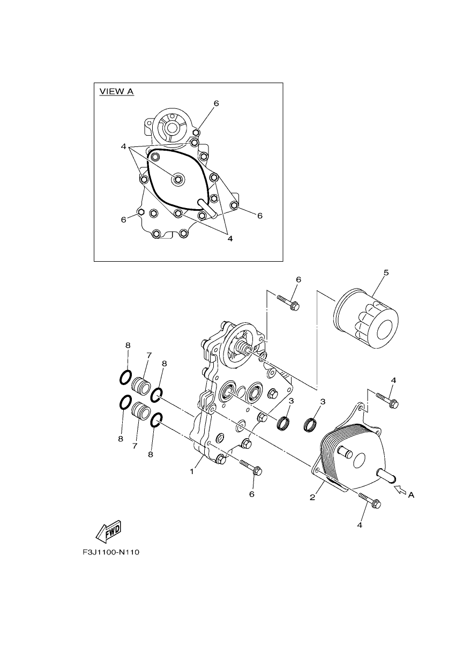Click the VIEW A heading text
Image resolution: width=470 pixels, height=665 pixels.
click(x=116, y=91)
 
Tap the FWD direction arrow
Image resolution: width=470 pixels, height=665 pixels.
click(x=108, y=530)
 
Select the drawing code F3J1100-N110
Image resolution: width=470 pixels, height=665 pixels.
click(x=111, y=552)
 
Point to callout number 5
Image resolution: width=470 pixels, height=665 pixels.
click(x=386, y=272)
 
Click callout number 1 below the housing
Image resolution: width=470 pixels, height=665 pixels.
click(x=192, y=471)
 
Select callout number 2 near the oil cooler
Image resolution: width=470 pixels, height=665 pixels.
click(x=312, y=497)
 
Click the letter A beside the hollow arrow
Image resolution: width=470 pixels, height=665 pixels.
click(x=411, y=495)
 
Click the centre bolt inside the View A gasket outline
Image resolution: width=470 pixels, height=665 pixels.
click(x=178, y=179)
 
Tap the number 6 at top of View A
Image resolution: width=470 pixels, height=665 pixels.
click(x=216, y=104)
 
